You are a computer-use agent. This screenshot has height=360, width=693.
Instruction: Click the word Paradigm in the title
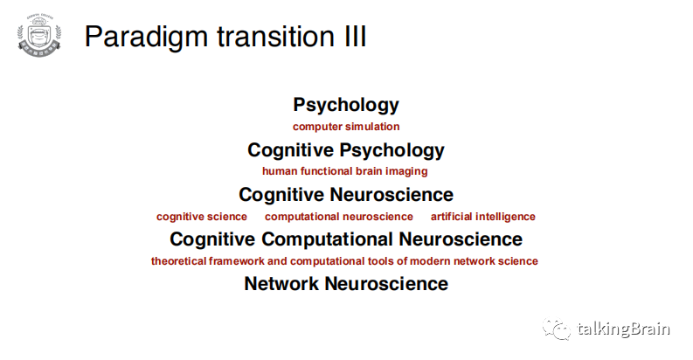140,37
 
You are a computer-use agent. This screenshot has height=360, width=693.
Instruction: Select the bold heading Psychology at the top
346,105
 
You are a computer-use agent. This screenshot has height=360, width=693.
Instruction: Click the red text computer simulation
346,127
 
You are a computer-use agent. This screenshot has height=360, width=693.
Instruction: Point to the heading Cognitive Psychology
346,149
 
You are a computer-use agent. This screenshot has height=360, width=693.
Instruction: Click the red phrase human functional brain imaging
345,171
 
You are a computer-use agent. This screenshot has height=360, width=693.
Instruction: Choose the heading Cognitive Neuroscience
346,194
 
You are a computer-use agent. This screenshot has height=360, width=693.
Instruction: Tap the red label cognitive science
202,217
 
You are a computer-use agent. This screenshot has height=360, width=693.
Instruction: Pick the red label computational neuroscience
339,217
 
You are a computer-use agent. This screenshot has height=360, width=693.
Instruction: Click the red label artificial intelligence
483,217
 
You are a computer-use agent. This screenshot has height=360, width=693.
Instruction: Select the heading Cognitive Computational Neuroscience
346,239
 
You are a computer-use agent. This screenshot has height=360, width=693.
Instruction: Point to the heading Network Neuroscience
346,283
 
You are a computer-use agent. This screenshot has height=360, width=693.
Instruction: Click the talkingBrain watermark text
624,329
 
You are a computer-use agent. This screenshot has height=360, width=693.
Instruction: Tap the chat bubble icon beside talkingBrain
558,329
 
